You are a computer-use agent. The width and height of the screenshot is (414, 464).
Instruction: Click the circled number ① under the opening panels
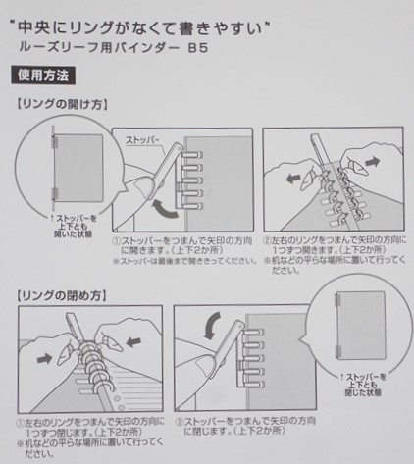click(115, 237)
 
